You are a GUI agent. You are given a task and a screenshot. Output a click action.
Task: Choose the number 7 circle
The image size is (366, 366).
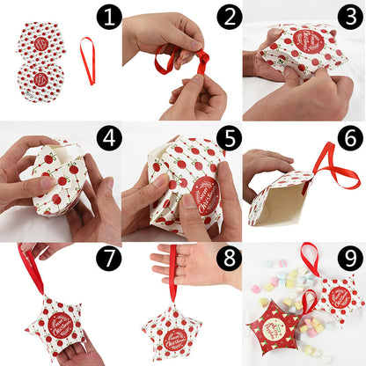(108, 260)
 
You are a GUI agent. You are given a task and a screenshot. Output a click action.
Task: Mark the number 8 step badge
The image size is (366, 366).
(231, 260)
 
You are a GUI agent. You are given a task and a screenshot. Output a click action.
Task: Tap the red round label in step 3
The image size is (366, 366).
(309, 41)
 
